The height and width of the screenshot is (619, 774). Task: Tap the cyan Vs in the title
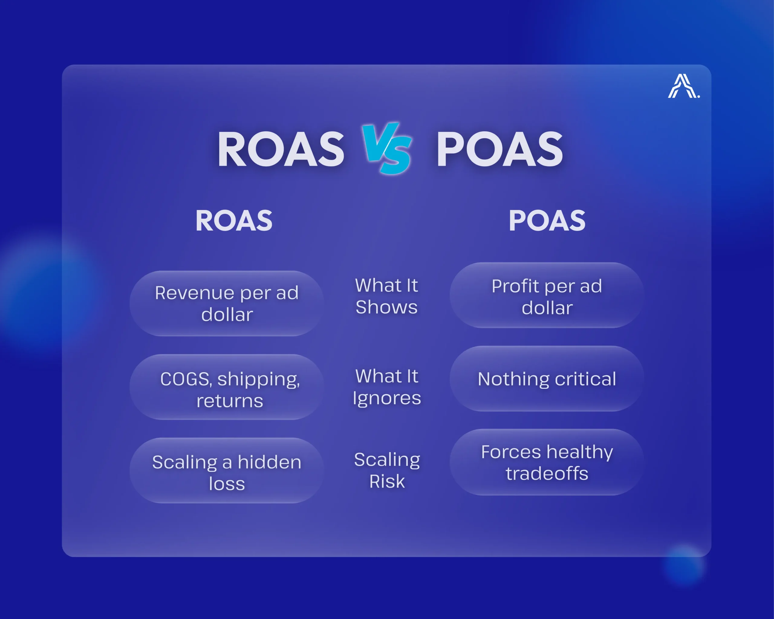[387, 148]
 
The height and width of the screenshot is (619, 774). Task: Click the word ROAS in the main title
[281, 149]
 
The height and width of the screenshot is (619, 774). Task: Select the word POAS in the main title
[499, 149]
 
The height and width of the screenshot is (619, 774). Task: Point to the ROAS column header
[234, 220]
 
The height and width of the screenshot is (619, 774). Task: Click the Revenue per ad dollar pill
[226, 303]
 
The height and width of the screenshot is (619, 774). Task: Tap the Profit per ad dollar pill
[546, 295]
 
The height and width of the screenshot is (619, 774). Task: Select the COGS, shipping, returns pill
[226, 387]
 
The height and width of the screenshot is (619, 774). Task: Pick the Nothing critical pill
[546, 379]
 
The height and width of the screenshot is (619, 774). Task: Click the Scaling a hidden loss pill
[226, 470]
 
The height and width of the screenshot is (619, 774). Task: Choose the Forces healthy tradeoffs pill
[546, 462]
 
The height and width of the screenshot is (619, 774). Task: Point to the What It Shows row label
[387, 297]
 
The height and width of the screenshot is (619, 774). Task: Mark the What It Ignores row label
[387, 387]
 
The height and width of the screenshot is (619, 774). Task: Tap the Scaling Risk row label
[387, 470]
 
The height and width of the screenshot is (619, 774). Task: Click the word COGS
[185, 379]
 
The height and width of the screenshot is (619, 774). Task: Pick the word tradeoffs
[547, 473]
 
